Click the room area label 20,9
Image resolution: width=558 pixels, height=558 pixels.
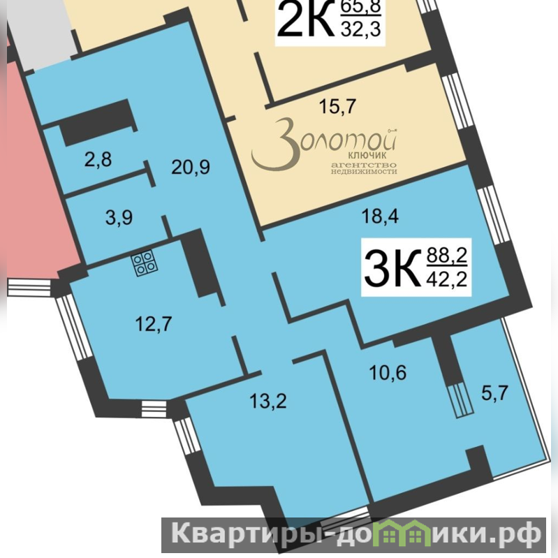pyautogui.click(x=191, y=167)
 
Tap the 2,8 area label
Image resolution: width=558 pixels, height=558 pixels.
pyautogui.click(x=98, y=159)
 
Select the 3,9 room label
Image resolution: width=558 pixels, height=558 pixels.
pyautogui.click(x=119, y=217)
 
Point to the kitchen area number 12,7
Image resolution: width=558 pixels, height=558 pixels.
pyautogui.click(x=154, y=324)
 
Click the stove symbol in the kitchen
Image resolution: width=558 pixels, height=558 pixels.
pyautogui.click(x=145, y=263)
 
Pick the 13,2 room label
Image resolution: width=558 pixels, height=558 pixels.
pyautogui.click(x=268, y=401)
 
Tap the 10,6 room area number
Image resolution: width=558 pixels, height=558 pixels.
pyautogui.click(x=388, y=373)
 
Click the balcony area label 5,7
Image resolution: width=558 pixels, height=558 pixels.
pyautogui.click(x=494, y=393)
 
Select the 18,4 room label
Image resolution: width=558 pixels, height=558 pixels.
pyautogui.click(x=380, y=216)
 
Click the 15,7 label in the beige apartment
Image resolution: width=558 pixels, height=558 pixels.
pyautogui.click(x=337, y=106)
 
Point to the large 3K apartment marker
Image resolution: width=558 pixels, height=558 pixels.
pyautogui.click(x=392, y=267)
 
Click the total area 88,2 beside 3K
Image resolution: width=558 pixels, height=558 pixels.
pyautogui.click(x=447, y=255)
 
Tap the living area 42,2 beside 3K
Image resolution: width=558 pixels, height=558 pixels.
pyautogui.click(x=447, y=279)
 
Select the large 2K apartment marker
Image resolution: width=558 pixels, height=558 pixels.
pyautogui.click(x=306, y=20)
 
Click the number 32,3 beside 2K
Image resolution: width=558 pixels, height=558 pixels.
pyautogui.click(x=361, y=29)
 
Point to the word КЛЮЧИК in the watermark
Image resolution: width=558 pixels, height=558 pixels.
pyautogui.click(x=367, y=155)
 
